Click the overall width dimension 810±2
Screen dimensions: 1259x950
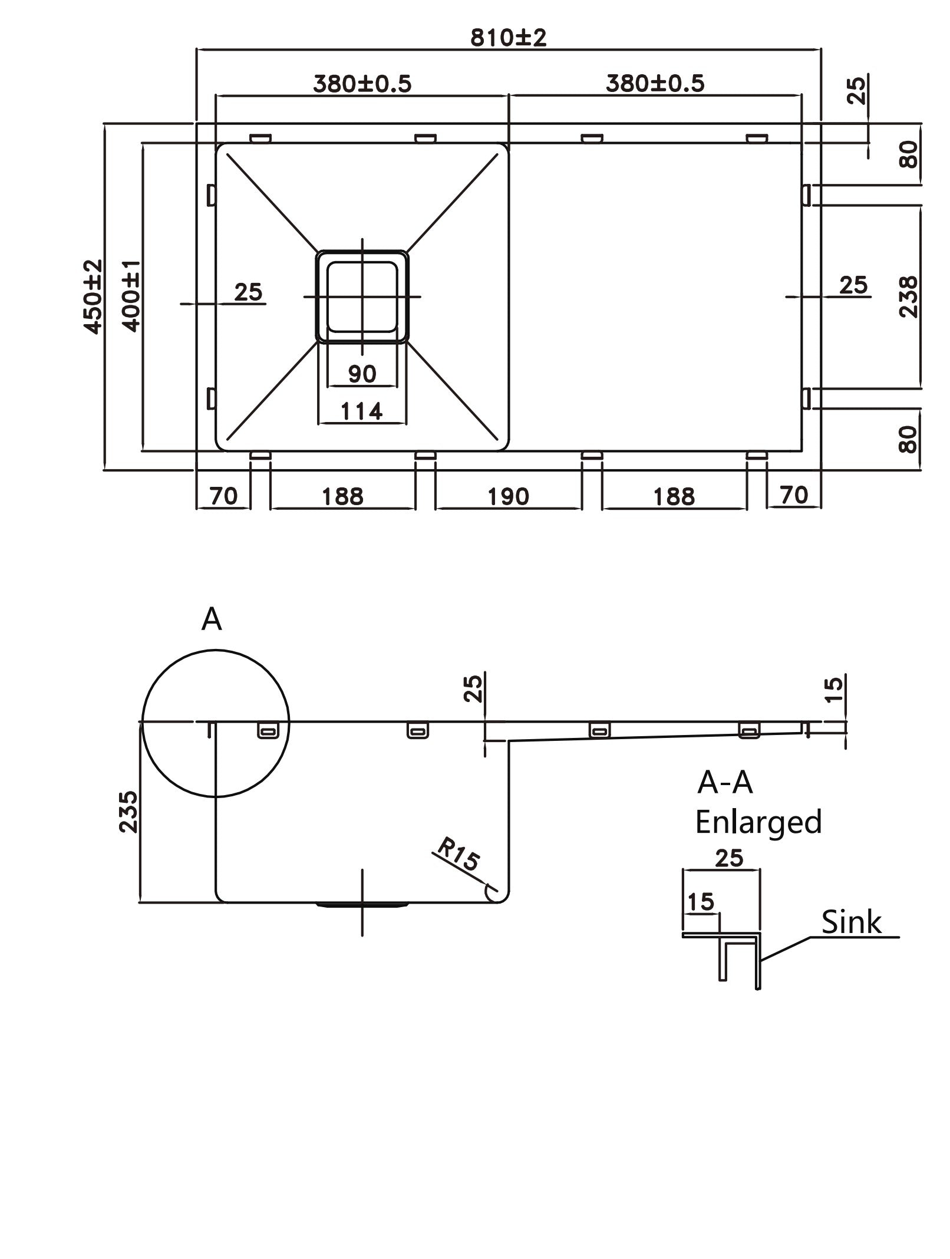coord(508,38)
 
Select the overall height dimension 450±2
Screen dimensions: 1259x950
coord(93,296)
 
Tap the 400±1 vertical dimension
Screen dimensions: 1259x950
coord(131,296)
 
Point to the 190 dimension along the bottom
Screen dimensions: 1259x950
coord(508,497)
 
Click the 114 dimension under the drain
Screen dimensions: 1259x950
coord(362,411)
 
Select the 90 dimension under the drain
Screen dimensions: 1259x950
coord(362,374)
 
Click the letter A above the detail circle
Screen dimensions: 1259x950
coord(212,619)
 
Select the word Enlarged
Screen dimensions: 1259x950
coord(758,822)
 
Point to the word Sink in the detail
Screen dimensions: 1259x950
coord(851,922)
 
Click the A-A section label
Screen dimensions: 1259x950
coord(725,783)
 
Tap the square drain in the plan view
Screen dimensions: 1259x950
coord(362,296)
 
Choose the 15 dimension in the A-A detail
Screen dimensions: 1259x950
coord(700,902)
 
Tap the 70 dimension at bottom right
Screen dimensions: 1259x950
coord(793,495)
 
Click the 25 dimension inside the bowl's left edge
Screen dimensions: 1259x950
coord(248,292)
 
